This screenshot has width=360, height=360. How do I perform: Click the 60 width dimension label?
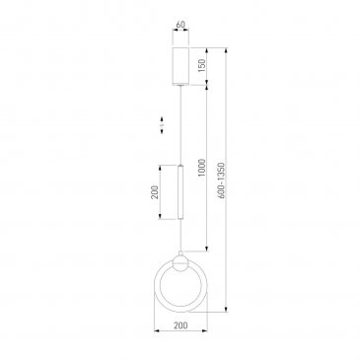180,25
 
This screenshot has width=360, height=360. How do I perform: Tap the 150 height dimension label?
202,66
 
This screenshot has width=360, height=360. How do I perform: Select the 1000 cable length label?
202,168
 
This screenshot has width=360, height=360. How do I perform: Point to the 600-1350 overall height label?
222,180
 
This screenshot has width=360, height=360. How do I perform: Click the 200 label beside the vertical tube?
155,192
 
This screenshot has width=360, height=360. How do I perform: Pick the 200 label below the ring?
180,325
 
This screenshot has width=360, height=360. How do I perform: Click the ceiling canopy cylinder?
180,66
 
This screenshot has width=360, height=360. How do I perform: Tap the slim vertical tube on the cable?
180,191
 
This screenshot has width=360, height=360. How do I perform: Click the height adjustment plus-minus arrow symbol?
162,125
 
